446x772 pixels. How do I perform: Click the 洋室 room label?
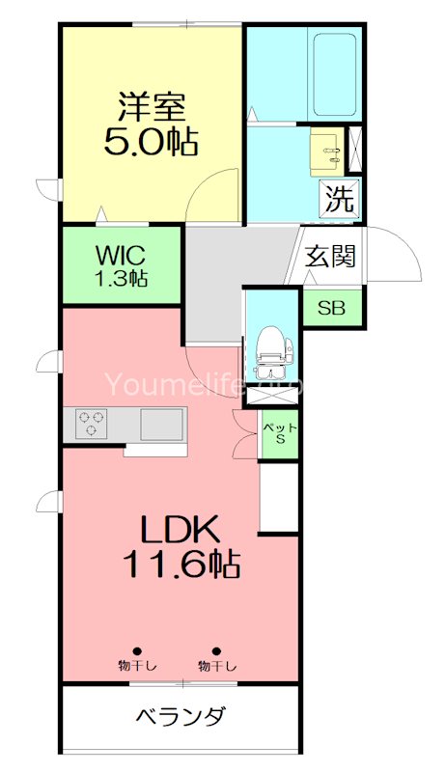click(153, 104)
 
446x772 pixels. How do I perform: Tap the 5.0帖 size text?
click(151, 142)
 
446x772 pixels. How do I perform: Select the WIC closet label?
click(121, 257)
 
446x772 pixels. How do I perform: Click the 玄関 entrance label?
click(330, 257)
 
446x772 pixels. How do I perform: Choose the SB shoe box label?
click(331, 309)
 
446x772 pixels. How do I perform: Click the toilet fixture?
click(271, 352)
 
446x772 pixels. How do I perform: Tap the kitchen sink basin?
click(161, 424)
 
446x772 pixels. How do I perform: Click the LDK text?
click(181, 530)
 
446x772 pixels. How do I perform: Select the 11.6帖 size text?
click(181, 565)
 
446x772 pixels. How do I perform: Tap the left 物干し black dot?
click(137, 650)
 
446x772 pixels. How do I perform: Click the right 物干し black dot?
click(217, 650)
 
